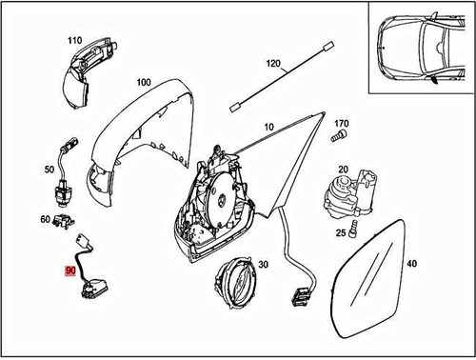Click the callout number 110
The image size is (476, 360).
click(74, 40)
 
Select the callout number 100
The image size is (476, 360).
click(143, 83)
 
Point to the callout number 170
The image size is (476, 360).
click(342, 123)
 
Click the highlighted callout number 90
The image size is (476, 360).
click(71, 271)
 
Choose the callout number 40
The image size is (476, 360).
click(411, 263)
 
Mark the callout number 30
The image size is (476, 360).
click(264, 265)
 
